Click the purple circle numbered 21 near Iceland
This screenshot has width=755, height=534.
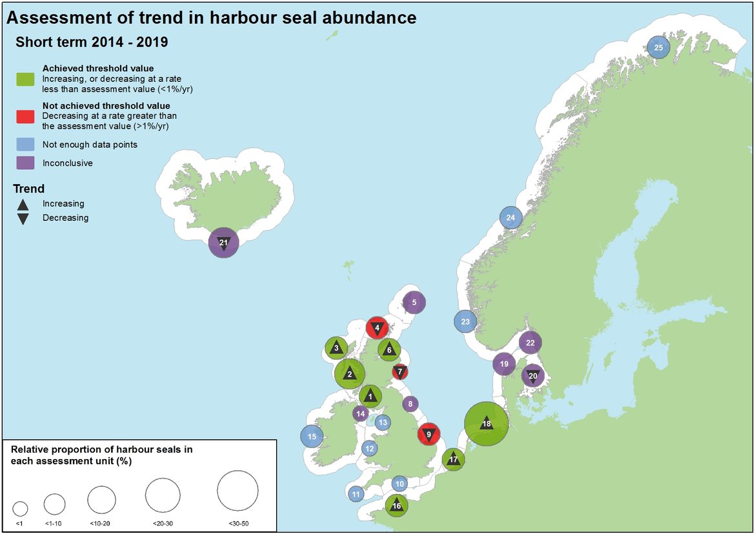click(x=224, y=243)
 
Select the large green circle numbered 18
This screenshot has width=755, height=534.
click(x=487, y=424)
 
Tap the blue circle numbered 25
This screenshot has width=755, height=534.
click(x=658, y=48)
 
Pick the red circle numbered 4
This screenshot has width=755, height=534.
click(x=377, y=327)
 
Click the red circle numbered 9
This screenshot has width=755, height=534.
click(x=428, y=435)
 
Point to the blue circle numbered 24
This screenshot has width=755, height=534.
click(x=510, y=218)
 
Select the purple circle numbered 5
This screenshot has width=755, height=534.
click(x=414, y=302)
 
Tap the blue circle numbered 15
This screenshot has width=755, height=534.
click(x=312, y=436)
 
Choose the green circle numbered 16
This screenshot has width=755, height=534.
click(x=396, y=506)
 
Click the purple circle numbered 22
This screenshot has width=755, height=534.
click(x=530, y=343)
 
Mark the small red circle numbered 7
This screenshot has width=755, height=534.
click(x=400, y=371)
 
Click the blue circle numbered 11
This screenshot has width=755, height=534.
click(x=356, y=495)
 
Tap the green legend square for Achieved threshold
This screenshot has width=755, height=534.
click(x=25, y=79)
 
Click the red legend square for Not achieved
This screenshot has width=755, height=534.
click(x=25, y=116)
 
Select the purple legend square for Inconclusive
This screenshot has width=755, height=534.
click(x=25, y=163)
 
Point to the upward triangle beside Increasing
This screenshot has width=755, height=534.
click(x=23, y=204)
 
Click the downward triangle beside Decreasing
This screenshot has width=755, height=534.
click(x=23, y=218)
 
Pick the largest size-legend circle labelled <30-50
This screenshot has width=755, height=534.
click(x=237, y=491)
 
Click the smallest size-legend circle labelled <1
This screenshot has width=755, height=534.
click(x=20, y=508)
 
